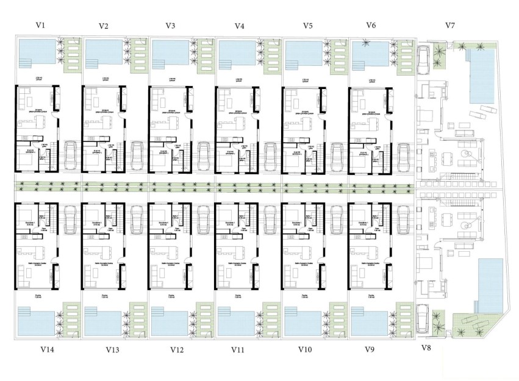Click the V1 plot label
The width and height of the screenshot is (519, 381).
click(x=41, y=25)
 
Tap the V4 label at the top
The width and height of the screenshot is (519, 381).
click(x=240, y=26)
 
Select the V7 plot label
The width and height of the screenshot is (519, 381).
click(x=450, y=25)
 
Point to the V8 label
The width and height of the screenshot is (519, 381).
click(x=426, y=348)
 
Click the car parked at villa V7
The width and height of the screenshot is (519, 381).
click(x=423, y=58)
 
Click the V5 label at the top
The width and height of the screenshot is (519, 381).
click(x=308, y=26)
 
